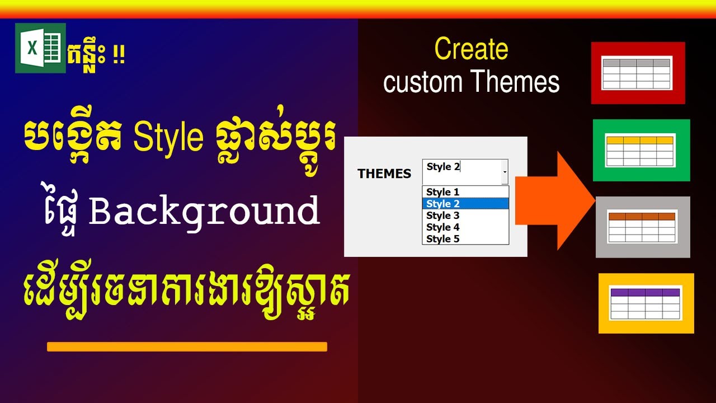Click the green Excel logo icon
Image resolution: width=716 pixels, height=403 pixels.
40,48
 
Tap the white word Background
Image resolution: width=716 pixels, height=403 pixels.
204,211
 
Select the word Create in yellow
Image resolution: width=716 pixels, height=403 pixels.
471,49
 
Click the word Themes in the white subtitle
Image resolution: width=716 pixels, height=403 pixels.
515,82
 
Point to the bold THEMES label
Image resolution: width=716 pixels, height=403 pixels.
384,174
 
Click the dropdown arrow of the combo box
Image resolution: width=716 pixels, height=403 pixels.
505,172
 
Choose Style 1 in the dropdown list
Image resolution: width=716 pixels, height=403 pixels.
442,192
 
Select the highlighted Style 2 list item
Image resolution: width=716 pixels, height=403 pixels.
442,204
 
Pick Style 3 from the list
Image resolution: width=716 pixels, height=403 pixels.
442,215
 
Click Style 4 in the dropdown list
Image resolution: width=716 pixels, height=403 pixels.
442,227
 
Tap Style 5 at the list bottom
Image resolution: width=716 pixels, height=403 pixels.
442,239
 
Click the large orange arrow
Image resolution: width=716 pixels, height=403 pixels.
554,200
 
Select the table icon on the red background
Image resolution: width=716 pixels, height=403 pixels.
637,73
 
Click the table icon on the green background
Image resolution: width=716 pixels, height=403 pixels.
641,150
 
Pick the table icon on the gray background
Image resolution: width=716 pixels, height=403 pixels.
643,227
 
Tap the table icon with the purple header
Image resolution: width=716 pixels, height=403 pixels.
646,303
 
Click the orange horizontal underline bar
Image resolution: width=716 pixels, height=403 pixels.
187,346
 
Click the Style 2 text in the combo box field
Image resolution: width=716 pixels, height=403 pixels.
442,167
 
